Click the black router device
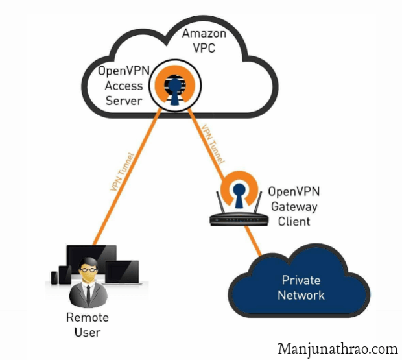pos(239,217)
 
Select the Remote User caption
pos(88,325)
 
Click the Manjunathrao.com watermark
pos(337,348)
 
